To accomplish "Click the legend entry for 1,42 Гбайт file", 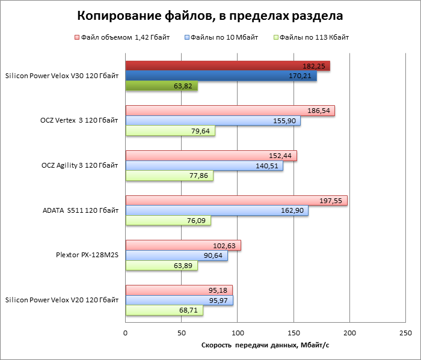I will tap(121, 38).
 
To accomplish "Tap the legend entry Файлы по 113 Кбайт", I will tap(311, 38).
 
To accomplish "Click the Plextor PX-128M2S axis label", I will tap(87, 255).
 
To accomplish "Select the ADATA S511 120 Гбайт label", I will tap(81, 210).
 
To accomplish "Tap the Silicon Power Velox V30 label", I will tap(61, 76).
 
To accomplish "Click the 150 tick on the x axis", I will tap(293, 332).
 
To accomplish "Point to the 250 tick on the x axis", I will tap(405, 332).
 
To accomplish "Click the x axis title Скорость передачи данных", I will tap(265, 346).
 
